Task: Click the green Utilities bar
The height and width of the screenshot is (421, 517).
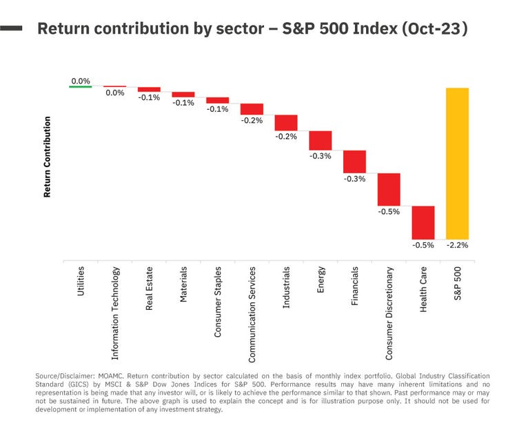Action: (x=81, y=86)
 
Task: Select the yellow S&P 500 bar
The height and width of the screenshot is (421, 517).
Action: (x=457, y=163)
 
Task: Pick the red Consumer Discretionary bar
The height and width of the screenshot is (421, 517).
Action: (x=389, y=189)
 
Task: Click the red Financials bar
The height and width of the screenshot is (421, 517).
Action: (x=354, y=161)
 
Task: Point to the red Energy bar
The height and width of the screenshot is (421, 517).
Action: (x=321, y=140)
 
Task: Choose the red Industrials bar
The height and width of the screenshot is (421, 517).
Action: (x=286, y=122)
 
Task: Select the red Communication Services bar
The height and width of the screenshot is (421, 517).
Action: (x=252, y=109)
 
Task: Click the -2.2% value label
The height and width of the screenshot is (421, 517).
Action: (x=458, y=245)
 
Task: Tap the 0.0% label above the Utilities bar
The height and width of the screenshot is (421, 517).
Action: (x=81, y=81)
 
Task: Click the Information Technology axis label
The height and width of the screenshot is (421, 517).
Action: (x=115, y=313)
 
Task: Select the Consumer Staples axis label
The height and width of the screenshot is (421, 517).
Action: (x=218, y=301)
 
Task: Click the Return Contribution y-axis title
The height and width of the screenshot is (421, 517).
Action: (x=48, y=157)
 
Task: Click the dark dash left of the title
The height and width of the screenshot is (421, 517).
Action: (x=12, y=29)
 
